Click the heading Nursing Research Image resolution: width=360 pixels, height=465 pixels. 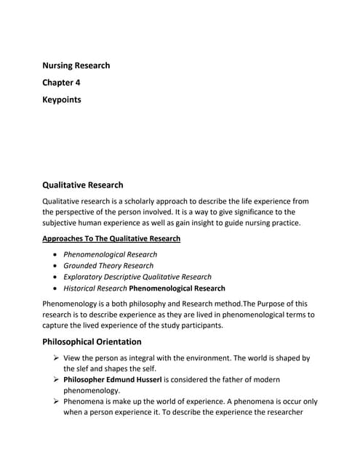pos(76,65)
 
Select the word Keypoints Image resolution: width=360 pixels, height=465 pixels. pos(62,100)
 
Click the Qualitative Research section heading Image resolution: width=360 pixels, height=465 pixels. pos(83,185)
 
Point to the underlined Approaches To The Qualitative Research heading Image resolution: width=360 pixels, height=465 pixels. pos(111,238)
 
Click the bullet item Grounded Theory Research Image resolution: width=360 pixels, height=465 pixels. pos(108,266)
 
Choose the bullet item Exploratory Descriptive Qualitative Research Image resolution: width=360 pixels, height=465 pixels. pos(137,277)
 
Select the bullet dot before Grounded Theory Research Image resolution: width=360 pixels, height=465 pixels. pos(57,266)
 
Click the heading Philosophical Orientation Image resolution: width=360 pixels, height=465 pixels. pos(92,341)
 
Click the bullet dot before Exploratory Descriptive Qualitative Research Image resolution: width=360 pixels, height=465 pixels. pos(57,277)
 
